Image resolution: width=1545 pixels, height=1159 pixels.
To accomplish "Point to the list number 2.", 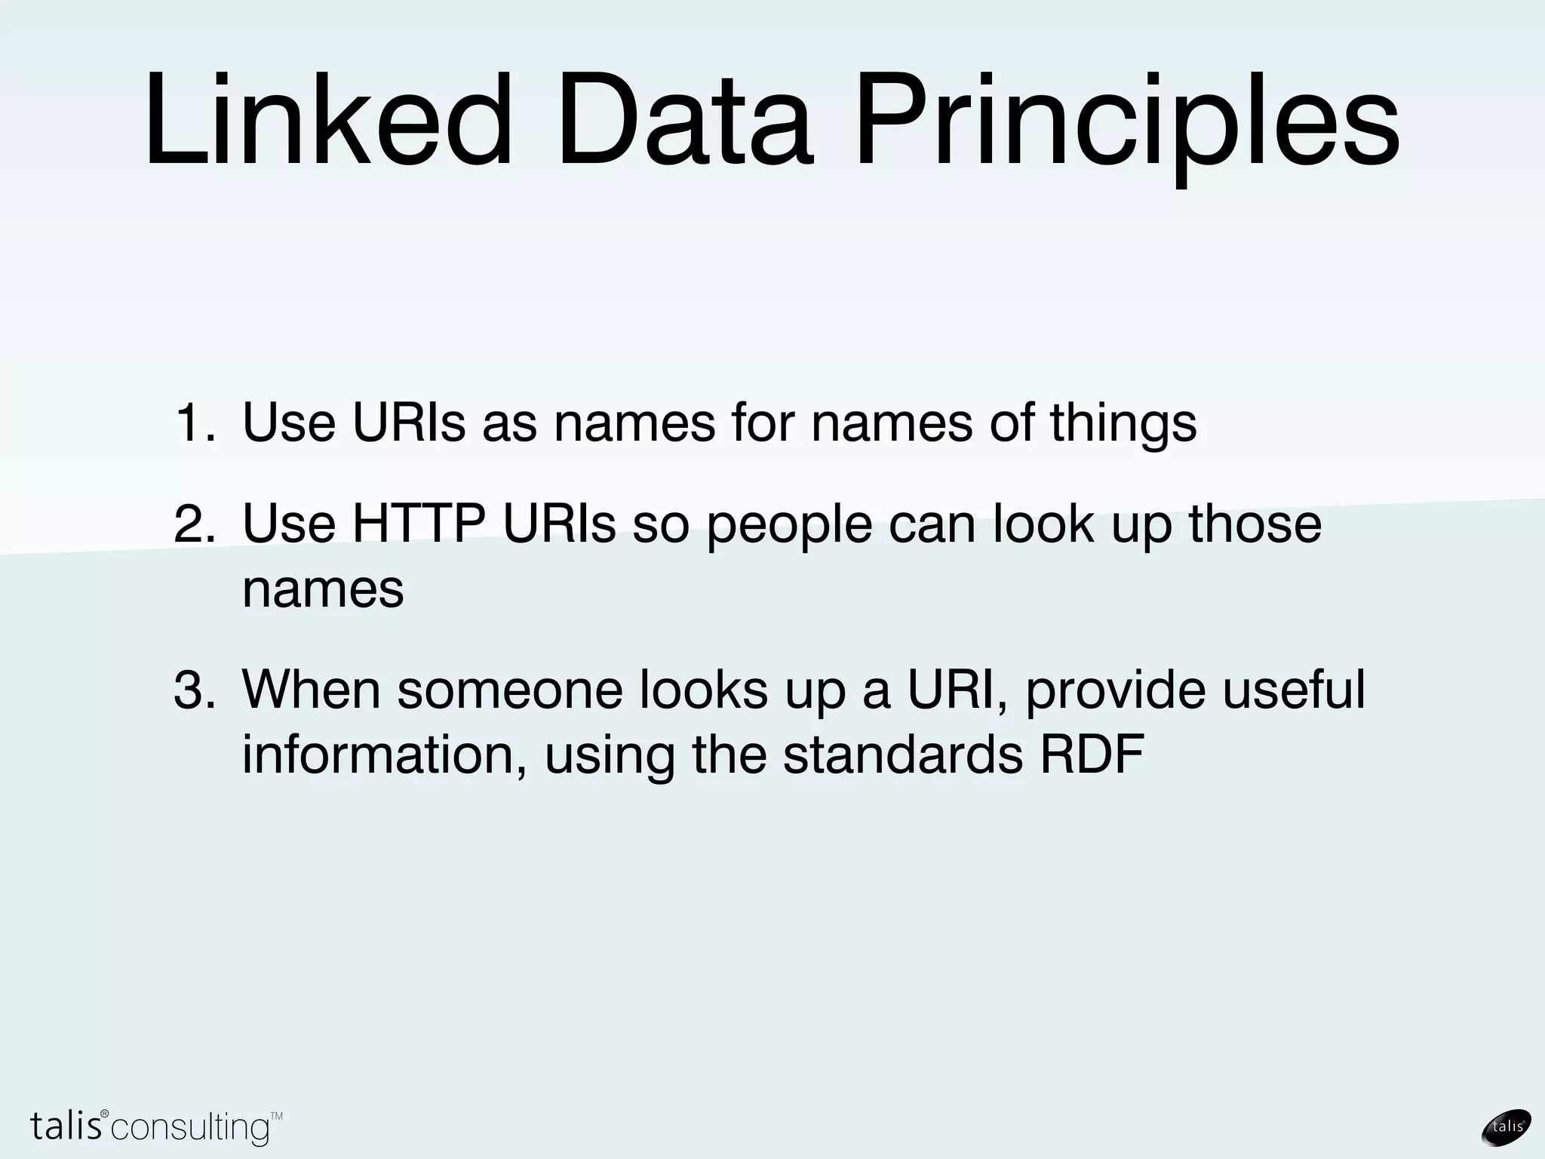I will pyautogui.click(x=195, y=525).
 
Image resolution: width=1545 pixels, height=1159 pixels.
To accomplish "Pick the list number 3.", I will pyautogui.click(x=195, y=690).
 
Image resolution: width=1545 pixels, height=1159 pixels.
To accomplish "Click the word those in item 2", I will pyautogui.click(x=1255, y=524).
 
